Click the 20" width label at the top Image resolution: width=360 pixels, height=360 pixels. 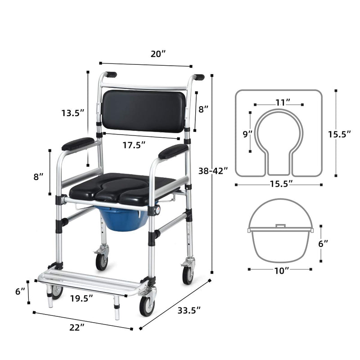[158, 54]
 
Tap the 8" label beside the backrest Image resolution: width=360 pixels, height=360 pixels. [203, 108]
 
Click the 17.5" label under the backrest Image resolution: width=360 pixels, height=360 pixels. [135, 145]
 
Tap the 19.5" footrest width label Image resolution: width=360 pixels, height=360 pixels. [81, 297]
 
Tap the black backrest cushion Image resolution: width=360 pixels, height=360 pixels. [144, 111]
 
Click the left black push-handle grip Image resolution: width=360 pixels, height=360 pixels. [110, 74]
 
